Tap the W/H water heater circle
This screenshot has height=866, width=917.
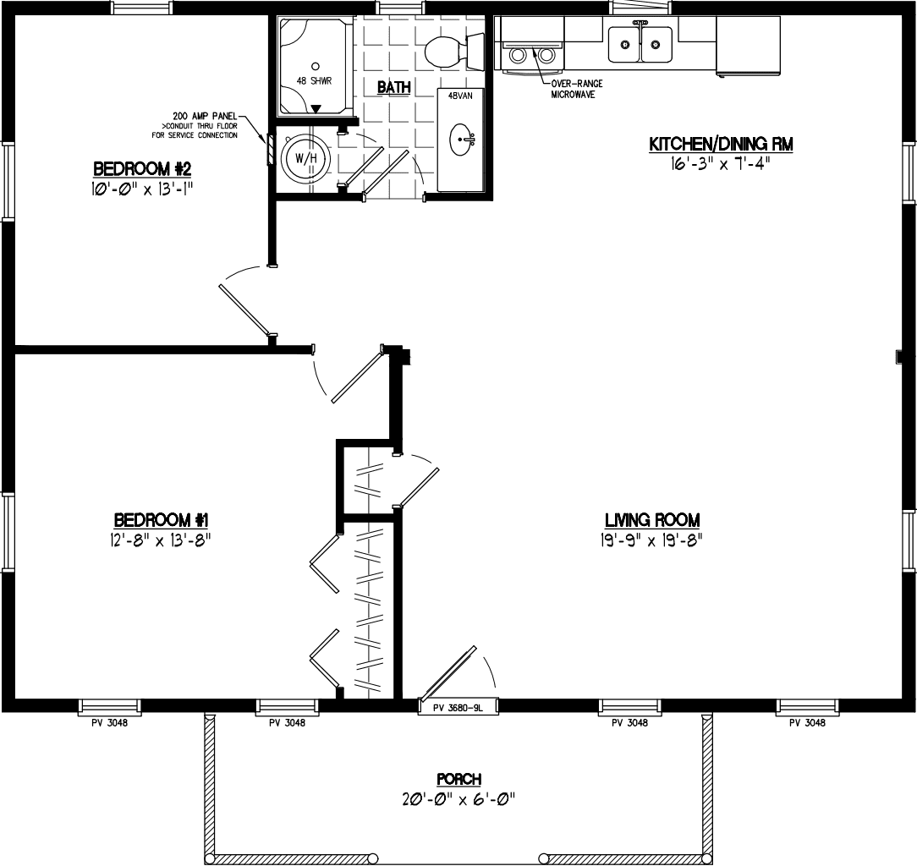pos(300,158)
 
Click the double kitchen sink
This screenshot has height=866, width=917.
pos(640,44)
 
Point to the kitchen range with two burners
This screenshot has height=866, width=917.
pos(533,54)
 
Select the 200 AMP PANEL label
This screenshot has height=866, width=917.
pos(204,115)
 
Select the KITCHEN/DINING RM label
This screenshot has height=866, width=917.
pos(721,145)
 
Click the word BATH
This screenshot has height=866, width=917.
pos(393,87)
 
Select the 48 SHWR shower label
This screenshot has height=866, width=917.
pos(313,81)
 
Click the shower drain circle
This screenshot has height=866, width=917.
pos(315,65)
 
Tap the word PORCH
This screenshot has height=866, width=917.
pos(458,779)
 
